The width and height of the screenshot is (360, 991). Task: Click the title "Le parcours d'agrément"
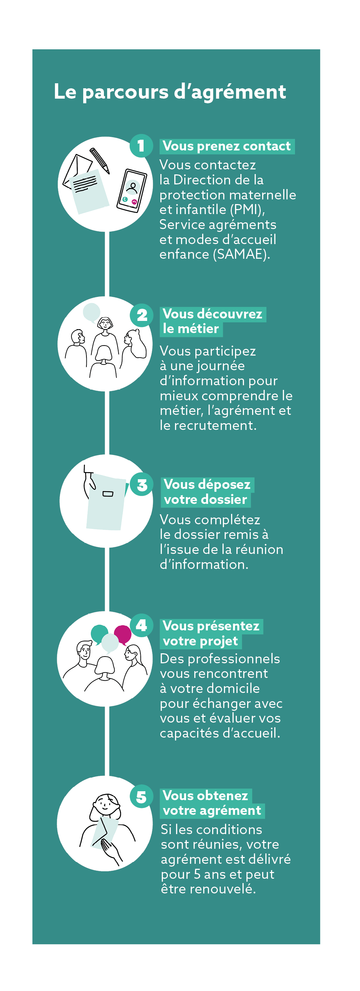click(x=170, y=92)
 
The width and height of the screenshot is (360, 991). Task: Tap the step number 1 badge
click(x=141, y=146)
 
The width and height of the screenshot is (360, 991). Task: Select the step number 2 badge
click(x=142, y=316)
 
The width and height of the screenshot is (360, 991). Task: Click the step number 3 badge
click(x=142, y=485)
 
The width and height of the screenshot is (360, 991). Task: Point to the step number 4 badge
click(x=141, y=625)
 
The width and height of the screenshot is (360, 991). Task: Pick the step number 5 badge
click(x=141, y=796)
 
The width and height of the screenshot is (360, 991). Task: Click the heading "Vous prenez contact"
click(x=226, y=146)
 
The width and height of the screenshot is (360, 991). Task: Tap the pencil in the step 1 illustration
click(x=100, y=160)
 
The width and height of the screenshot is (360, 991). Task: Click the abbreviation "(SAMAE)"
click(x=241, y=255)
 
